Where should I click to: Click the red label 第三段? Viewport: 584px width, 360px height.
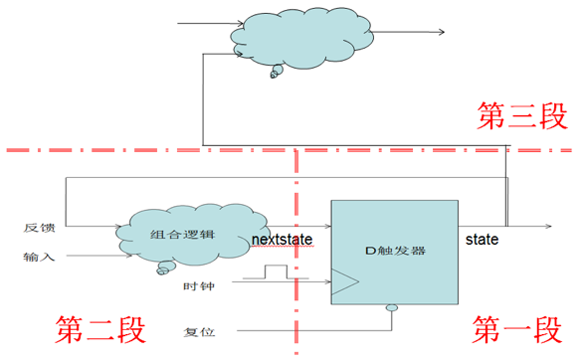522,115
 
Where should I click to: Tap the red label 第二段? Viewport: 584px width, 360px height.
100,329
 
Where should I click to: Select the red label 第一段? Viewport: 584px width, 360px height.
517,329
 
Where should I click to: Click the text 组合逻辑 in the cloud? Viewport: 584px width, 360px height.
182,234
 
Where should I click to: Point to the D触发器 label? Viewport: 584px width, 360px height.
395,251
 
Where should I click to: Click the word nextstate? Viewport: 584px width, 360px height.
282,240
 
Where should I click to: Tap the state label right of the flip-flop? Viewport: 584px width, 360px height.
482,240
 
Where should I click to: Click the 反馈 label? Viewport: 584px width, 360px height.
40,228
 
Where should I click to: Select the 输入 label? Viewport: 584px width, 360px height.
39,257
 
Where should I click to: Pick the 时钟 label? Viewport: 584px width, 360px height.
199,286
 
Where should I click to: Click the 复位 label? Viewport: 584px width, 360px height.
199,332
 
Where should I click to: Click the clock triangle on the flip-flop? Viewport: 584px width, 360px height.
345,281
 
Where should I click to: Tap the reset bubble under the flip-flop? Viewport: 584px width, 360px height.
392,308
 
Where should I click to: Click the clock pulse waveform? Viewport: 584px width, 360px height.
276,271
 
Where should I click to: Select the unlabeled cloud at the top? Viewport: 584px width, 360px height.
301,37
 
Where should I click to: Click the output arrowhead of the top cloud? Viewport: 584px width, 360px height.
442,32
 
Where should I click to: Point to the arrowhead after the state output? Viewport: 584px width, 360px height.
548,226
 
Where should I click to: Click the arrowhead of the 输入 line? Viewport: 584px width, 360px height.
129,256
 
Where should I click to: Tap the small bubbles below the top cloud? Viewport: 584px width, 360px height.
276,72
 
